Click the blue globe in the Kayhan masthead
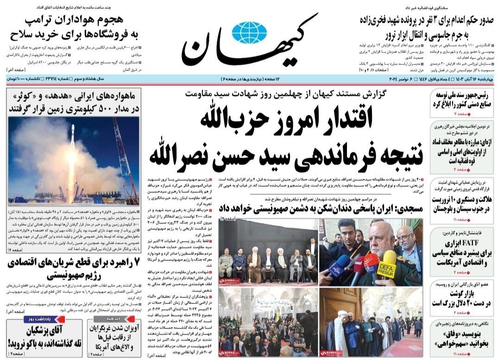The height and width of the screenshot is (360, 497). pyautogui.click(x=249, y=33)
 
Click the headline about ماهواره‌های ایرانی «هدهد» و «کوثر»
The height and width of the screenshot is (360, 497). pyautogui.click(x=73, y=103)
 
